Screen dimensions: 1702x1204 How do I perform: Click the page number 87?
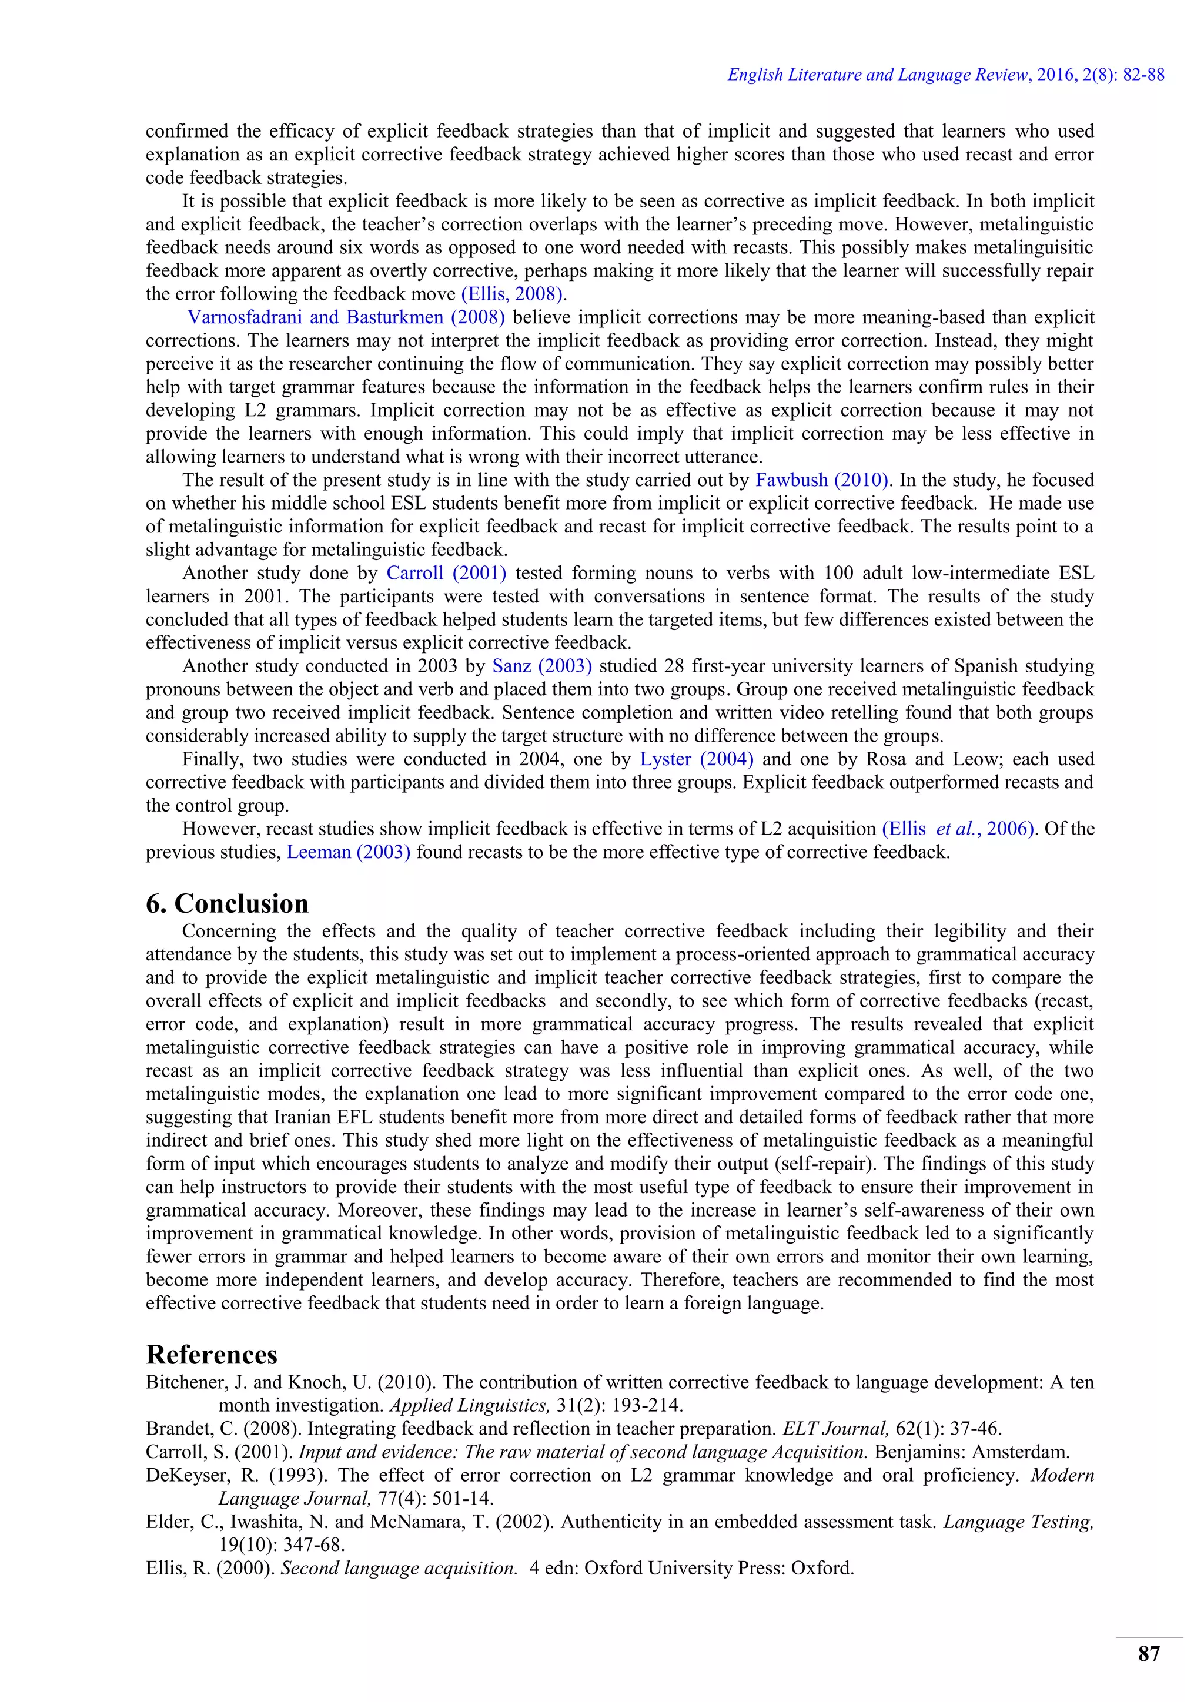[1148, 1654]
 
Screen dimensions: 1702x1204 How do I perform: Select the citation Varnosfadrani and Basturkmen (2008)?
[346, 317]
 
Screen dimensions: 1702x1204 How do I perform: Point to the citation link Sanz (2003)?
[542, 666]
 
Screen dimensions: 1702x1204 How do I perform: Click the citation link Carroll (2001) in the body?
[446, 573]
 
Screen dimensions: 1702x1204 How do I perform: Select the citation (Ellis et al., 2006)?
[958, 829]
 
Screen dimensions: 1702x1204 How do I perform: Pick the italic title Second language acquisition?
[399, 1568]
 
